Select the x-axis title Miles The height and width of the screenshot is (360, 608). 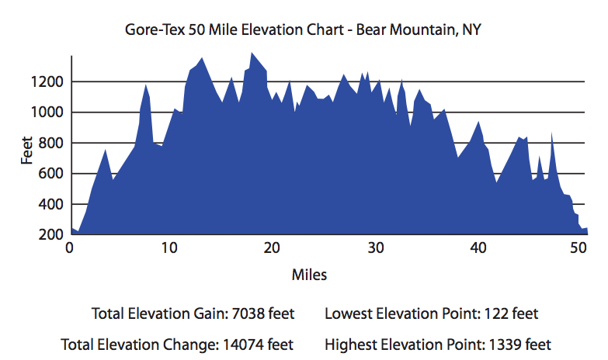tap(309, 275)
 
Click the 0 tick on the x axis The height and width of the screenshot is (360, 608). tap(70, 248)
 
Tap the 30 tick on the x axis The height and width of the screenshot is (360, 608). tap(375, 248)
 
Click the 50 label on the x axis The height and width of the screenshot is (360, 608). tap(578, 248)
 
